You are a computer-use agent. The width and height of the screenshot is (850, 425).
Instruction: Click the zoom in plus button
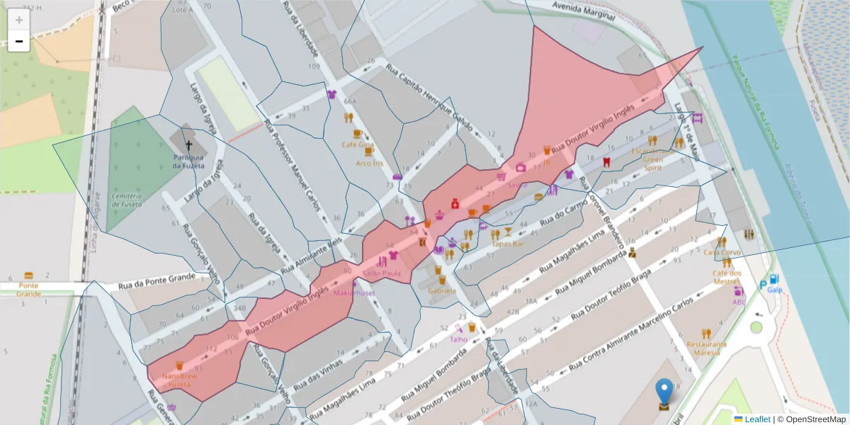[x=19, y=20]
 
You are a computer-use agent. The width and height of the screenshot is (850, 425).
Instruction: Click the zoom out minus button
[x=19, y=41]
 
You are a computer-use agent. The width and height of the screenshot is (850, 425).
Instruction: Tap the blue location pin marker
[x=664, y=392]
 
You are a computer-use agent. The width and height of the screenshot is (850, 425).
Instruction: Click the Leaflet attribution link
[x=756, y=419]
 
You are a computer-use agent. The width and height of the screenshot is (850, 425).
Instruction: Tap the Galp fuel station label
[x=774, y=290]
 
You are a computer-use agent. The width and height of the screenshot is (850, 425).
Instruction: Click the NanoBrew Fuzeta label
[x=180, y=379]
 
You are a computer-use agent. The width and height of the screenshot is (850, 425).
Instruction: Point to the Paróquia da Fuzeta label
[x=188, y=161]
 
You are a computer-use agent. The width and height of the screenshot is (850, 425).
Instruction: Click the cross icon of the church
[x=188, y=143]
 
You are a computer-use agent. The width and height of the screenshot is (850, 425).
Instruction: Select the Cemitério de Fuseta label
[x=127, y=200]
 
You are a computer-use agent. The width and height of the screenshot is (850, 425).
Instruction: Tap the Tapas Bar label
[x=507, y=244]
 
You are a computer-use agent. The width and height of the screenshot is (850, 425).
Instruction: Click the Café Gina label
[x=357, y=144]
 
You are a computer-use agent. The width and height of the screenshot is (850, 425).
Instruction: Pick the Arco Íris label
[x=369, y=163]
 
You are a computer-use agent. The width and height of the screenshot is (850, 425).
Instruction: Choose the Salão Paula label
[x=382, y=273]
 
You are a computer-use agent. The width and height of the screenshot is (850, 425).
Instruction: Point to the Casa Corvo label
[x=722, y=251]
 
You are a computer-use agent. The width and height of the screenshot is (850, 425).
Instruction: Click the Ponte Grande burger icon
[x=28, y=275]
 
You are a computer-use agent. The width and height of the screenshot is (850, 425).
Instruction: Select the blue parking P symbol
[x=762, y=285]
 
